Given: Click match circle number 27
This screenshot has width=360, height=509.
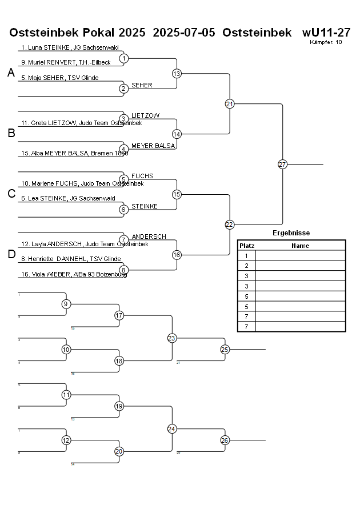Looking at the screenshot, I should pos(282,165).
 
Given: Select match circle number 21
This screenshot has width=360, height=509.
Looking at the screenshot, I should pos(230,104).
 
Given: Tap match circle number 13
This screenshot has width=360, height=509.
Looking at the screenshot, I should pos(177,74).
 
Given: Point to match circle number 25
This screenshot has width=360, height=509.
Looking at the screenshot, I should pos(225,349).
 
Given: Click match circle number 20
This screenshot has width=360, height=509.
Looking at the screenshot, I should pos(119,451).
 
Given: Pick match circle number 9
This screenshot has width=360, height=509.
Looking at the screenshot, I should pos(66,304).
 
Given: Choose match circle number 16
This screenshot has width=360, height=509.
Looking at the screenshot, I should pos(177,255).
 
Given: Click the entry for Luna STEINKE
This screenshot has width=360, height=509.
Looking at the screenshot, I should pos(70,48).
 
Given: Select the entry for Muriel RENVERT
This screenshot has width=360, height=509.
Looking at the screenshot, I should pos(66,62).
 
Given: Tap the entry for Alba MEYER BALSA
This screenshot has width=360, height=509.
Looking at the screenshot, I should pos(75,153).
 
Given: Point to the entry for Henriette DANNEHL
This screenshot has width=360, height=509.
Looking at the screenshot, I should pos(71,259).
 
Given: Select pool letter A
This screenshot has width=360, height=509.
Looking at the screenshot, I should pos(11,73).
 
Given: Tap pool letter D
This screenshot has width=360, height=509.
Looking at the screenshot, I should pos(11,255).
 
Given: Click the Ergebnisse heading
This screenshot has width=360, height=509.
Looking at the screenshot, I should pos(291,233).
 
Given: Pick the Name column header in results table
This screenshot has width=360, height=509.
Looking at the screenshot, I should pos(300,246).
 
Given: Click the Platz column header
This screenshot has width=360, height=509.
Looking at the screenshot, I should pos(247,246).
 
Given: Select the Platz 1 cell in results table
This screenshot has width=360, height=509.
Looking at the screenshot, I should pos(247,256).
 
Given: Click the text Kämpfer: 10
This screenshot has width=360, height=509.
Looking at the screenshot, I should pos(326,42).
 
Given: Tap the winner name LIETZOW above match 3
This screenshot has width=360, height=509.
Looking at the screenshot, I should pos(145,115).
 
